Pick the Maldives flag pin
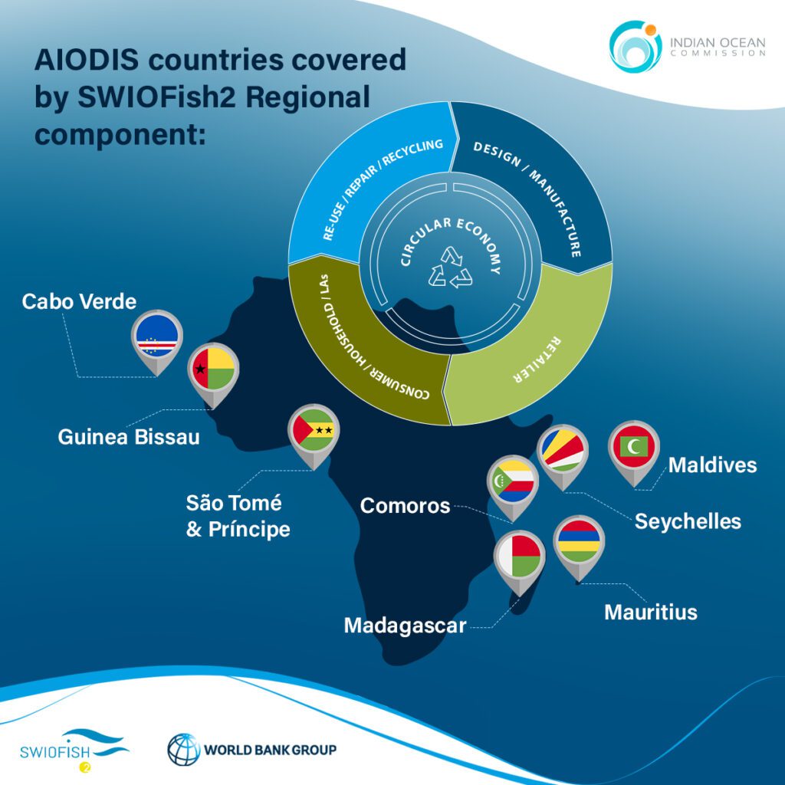632,448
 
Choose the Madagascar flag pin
519,555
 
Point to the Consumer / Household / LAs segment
360,345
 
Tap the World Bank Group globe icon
183,749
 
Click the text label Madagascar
405,626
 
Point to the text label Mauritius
651,612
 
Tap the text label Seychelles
688,521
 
